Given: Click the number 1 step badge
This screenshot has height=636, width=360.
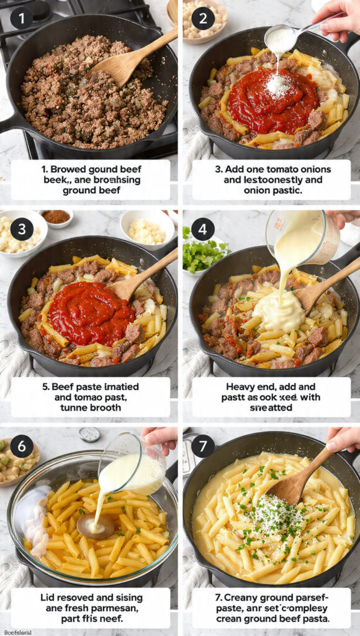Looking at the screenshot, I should click(x=21, y=18).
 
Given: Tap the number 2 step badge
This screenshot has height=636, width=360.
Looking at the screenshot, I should click(x=203, y=18).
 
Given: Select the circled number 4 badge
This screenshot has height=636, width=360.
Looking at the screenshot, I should click(x=203, y=229).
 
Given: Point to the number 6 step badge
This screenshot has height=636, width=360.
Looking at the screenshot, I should click(x=22, y=446).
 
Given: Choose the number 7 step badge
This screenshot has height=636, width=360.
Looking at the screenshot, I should click(x=203, y=446).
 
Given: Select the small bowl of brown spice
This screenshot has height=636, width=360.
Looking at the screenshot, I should click(x=56, y=217).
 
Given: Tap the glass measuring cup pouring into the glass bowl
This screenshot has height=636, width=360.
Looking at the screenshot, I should click(x=133, y=466).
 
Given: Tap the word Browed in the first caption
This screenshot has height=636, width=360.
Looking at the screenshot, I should click(x=70, y=169).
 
